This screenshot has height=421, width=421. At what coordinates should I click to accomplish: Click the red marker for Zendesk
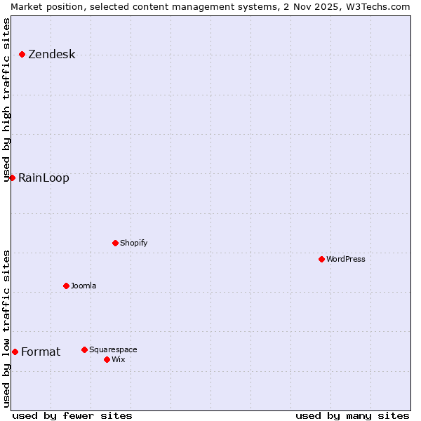pos(22,54)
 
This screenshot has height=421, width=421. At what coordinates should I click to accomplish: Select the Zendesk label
pos(51,55)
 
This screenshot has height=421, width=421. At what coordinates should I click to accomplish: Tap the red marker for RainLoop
pos(12,178)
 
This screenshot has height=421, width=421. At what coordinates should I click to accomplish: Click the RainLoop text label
pos(44,178)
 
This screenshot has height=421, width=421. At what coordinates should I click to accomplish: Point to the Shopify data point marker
pos(115,243)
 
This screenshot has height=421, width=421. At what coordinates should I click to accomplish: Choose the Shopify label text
pos(133,243)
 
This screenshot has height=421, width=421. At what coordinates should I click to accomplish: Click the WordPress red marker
pos(321,259)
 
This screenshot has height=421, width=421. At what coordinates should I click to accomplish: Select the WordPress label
pos(345,259)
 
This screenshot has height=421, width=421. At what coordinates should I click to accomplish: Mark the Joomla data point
pos(66,286)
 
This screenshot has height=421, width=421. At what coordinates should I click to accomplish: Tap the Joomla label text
pos(83,286)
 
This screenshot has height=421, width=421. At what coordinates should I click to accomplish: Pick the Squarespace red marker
pos(84,349)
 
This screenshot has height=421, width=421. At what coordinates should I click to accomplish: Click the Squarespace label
pos(113,349)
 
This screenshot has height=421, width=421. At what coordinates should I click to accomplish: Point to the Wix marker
pos(107,359)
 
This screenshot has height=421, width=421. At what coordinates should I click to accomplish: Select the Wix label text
pos(118,359)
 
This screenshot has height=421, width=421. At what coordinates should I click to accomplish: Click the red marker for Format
pos(15,352)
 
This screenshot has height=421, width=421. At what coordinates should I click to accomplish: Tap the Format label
pos(41,352)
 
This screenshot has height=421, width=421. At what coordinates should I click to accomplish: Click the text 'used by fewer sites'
pos(72,415)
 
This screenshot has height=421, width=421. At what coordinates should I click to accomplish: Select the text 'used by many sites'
pos(352,415)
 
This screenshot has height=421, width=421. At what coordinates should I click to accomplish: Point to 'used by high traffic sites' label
pos(6,100)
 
